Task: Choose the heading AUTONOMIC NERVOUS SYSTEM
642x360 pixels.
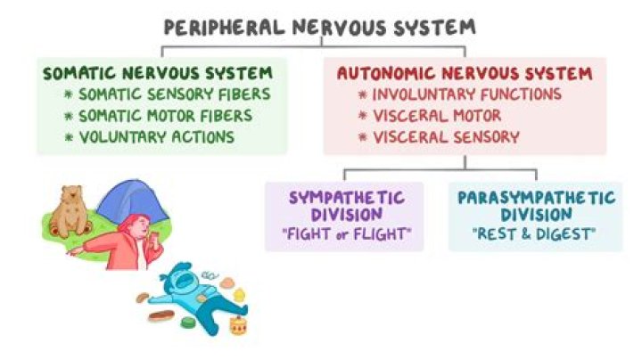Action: pos(465,73)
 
